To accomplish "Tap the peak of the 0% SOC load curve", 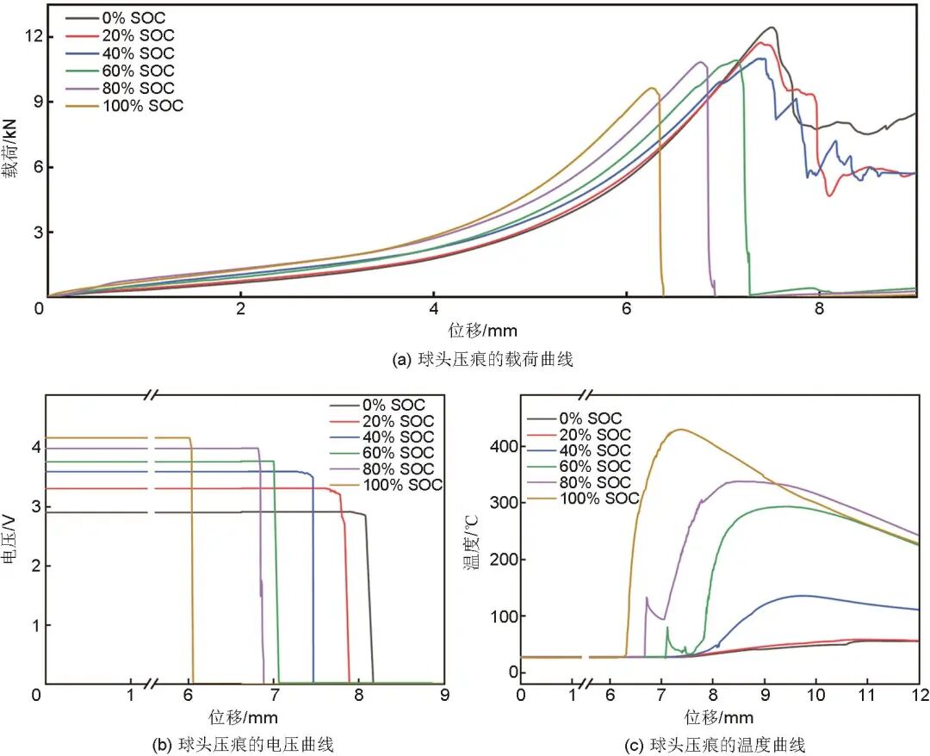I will click(772, 28).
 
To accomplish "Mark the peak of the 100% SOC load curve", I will click(652, 88).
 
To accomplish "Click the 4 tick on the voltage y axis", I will click(36, 447).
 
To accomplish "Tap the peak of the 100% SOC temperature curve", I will click(680, 429).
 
